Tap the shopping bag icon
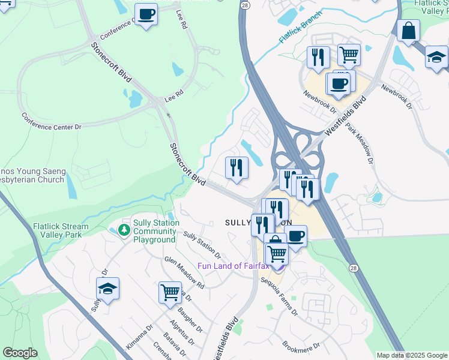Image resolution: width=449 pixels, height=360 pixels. (x=408, y=31)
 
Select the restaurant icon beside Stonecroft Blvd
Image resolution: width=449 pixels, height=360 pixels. (x=237, y=167)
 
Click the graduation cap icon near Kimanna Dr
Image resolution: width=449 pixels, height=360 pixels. (x=107, y=289)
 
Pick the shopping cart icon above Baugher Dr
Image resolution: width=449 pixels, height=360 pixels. (x=170, y=293)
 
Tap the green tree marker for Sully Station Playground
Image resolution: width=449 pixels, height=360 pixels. (x=124, y=230)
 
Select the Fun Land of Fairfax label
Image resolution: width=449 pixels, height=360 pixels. (x=235, y=266)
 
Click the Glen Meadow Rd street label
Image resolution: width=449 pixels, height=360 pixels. (x=184, y=272)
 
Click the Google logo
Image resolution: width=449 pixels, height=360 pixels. (x=20, y=352)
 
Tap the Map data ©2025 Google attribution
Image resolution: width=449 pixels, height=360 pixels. (x=411, y=355)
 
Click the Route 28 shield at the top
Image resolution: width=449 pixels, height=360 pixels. (x=244, y=5)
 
